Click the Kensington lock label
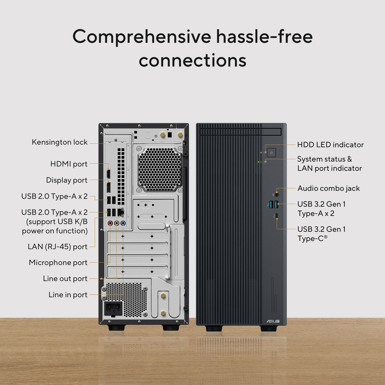click(x=60, y=142)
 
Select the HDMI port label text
click(x=69, y=164)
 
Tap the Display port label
click(x=67, y=180)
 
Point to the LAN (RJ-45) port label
click(x=57, y=247)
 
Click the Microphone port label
click(x=58, y=263)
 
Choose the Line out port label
click(x=65, y=279)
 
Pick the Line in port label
click(x=68, y=295)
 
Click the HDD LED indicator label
click(x=330, y=145)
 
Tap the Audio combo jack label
click(x=329, y=188)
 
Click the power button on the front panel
click(x=271, y=153)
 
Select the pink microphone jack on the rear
click(x=110, y=223)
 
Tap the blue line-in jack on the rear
click(x=123, y=223)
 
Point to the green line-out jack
click(x=117, y=223)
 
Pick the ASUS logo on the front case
click(x=273, y=321)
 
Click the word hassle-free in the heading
click(x=264, y=37)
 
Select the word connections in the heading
click(x=192, y=61)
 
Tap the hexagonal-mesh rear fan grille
click(x=160, y=169)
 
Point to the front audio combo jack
click(x=277, y=195)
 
